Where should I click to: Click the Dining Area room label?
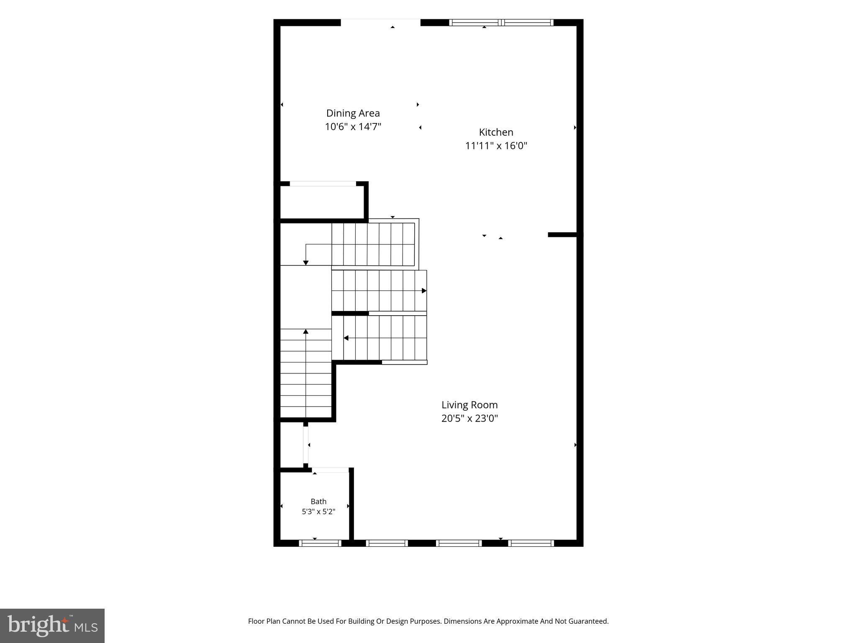[x=353, y=113]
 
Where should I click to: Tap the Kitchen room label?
[x=496, y=132]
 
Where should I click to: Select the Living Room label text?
[x=470, y=405]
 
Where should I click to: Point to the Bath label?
[x=318, y=501]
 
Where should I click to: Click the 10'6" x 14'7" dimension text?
[x=353, y=126]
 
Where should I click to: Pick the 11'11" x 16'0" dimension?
[x=496, y=146]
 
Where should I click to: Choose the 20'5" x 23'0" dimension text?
[x=470, y=418]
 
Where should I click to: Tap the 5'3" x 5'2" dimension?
[x=318, y=512]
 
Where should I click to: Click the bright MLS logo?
[x=52, y=625]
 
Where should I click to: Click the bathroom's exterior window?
[x=320, y=543]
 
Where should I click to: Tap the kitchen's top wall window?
[x=501, y=23]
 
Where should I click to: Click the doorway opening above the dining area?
[x=380, y=23]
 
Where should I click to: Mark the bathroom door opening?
[x=331, y=470]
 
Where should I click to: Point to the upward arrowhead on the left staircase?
[x=306, y=332]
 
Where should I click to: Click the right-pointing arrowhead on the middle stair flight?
[x=424, y=291]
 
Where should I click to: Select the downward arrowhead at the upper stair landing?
[x=306, y=263]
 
